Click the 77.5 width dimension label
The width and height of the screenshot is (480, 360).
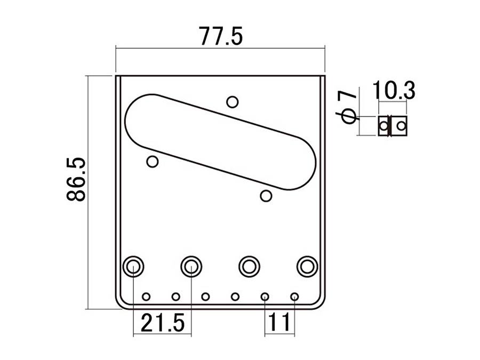220,36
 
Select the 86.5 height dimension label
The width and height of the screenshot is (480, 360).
76,179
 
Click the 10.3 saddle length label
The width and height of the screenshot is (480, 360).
394,91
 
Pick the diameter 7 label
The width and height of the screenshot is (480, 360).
348,107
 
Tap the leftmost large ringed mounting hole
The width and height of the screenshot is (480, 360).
133,266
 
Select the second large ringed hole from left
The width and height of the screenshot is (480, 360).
191,266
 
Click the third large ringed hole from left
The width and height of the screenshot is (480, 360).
249,266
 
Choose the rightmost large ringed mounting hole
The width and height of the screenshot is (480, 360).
307,266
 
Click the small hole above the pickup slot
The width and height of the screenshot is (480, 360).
232,101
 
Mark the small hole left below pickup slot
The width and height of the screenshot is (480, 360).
153,162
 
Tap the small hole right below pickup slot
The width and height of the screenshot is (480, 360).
266,196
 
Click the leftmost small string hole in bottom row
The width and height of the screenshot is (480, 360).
146,297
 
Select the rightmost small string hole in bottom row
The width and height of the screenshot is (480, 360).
294,297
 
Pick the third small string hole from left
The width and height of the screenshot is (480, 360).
205,297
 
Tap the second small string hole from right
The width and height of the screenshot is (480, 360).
265,297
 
